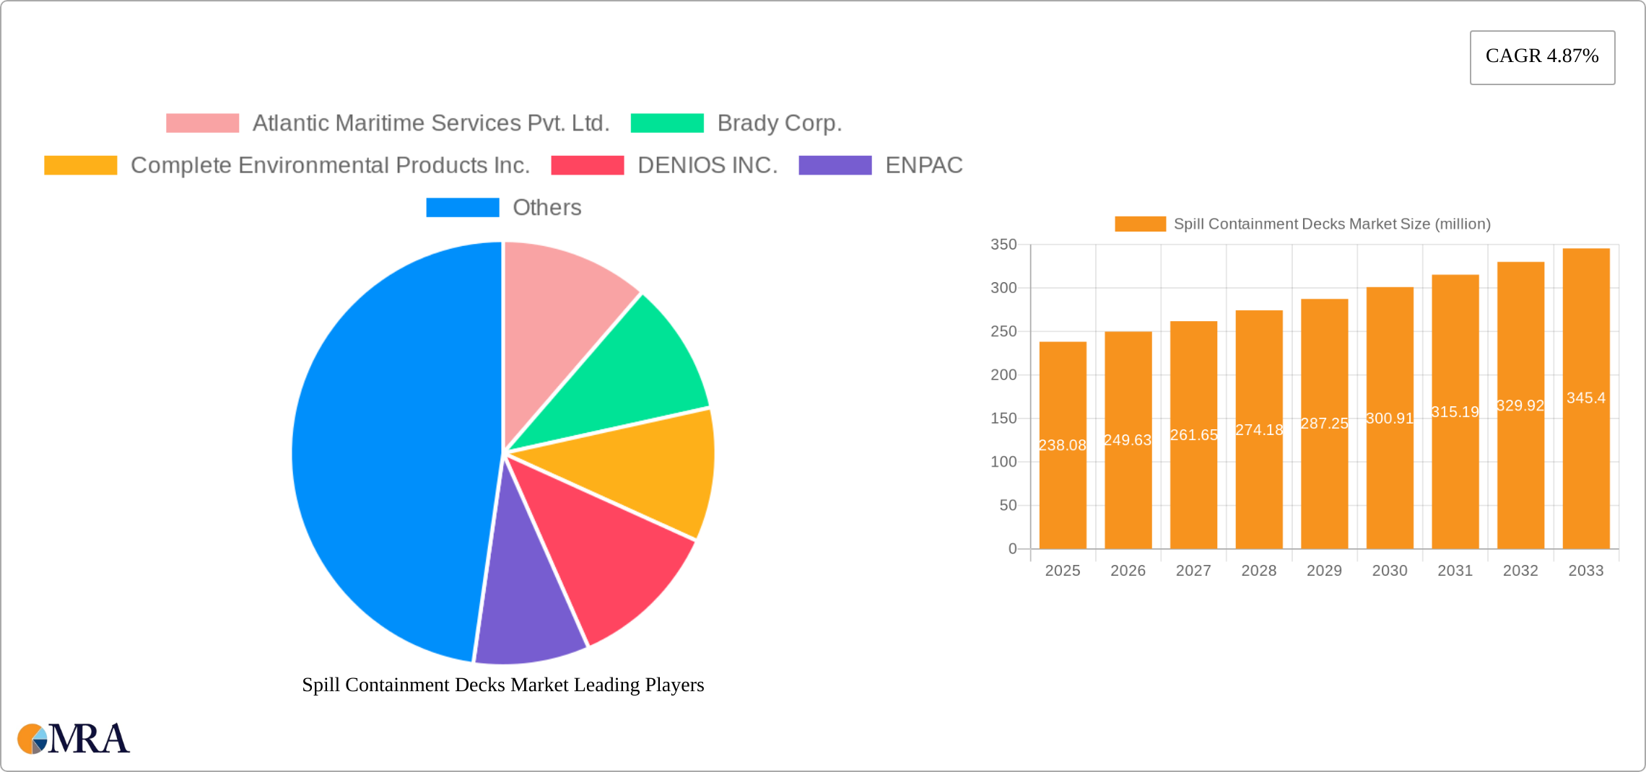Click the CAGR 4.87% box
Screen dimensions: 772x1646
pos(1542,57)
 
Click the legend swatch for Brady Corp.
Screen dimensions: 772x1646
pos(667,123)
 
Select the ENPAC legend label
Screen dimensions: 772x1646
pos(923,165)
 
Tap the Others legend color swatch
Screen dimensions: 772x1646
pos(463,208)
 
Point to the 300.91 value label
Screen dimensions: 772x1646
pos(1390,418)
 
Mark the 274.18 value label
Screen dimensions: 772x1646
pos(1259,430)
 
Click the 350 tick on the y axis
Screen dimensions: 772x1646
pos(1003,245)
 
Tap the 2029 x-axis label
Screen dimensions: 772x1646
pos(1324,571)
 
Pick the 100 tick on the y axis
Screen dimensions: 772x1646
pos(1003,462)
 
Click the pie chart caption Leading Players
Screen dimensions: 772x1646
pos(502,685)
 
